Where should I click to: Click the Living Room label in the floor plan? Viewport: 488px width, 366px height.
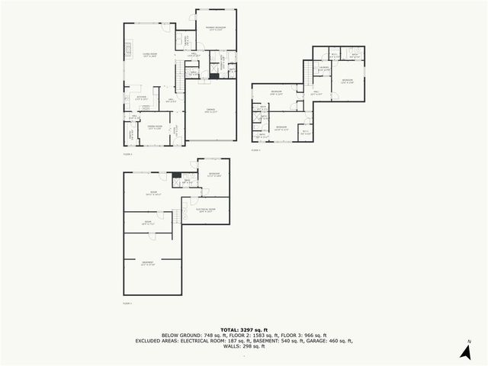(x=146, y=56)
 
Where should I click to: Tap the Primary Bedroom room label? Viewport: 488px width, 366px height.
(x=216, y=28)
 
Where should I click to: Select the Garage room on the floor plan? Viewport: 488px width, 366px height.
(x=210, y=111)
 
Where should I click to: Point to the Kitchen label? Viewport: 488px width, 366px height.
(x=141, y=98)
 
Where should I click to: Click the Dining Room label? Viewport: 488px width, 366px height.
(x=154, y=127)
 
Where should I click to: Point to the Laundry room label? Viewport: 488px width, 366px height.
(x=324, y=70)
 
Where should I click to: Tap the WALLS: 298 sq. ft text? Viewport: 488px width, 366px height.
(x=243, y=346)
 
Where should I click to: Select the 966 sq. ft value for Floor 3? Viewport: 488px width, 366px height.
(x=315, y=334)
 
